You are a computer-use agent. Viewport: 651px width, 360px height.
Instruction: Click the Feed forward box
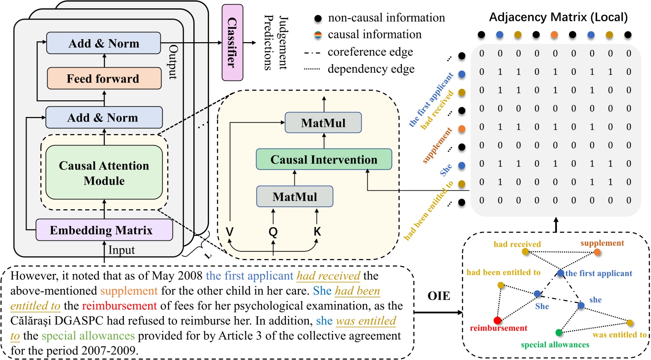tap(104, 79)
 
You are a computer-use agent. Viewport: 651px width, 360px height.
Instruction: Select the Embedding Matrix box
tap(104, 230)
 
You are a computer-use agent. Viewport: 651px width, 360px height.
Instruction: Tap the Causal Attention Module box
tap(104, 173)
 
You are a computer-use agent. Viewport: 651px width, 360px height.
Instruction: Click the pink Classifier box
tap(232, 43)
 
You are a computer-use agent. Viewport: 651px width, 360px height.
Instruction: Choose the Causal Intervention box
tap(324, 159)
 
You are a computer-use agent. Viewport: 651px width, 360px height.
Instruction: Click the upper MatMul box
tap(323, 123)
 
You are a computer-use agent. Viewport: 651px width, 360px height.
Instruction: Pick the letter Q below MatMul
tap(273, 232)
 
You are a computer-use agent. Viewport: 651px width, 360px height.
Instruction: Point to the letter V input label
tap(229, 232)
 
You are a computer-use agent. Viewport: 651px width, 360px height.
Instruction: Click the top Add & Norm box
tap(103, 43)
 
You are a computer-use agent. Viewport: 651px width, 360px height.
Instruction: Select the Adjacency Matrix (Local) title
tap(558, 17)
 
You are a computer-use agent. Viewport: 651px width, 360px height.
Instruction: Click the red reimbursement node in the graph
tap(497, 320)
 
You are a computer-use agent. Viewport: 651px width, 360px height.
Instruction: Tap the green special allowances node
tap(559, 333)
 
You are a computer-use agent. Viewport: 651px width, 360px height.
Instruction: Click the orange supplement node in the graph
tap(597, 252)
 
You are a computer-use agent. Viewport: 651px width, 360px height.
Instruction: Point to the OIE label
tap(439, 296)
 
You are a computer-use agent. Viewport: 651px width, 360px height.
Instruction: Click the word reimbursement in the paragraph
tap(119, 306)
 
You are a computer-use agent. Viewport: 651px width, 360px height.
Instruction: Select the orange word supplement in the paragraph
tap(129, 291)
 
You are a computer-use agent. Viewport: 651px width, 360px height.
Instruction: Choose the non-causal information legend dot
tap(318, 18)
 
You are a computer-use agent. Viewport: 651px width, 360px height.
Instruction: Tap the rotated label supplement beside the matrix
tap(437, 146)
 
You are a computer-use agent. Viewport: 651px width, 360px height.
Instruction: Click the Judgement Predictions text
tap(276, 43)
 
